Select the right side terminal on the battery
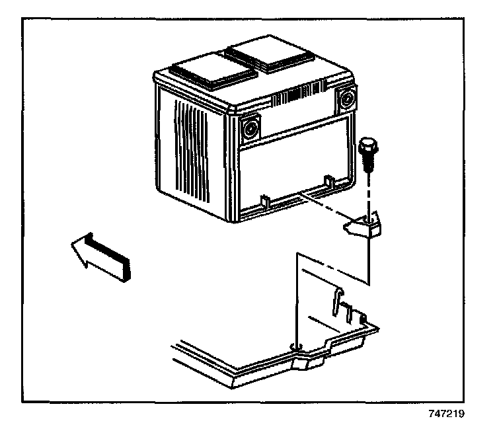coord(345,99)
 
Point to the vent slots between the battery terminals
coord(298,99)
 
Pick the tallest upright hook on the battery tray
coord(337,301)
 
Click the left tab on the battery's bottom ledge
coord(262,198)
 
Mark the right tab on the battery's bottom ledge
coord(327,180)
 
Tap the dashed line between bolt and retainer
coord(368,192)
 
